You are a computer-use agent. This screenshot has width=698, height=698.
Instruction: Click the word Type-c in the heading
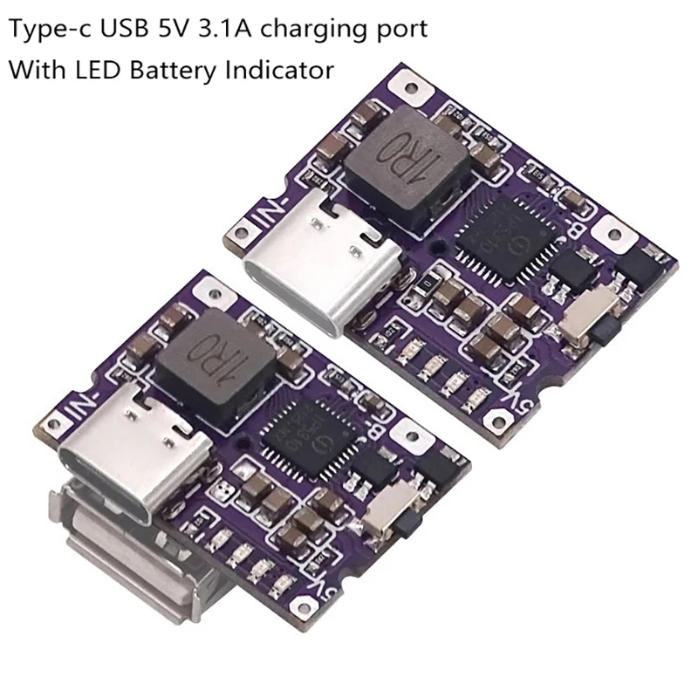click(x=43, y=30)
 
